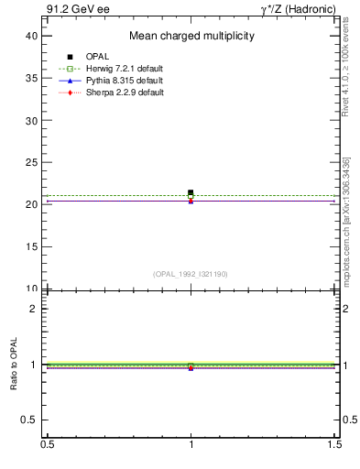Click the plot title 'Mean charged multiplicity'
point(191,36)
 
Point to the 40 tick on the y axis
point(32,36)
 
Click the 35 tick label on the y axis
point(32,78)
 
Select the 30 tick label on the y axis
point(32,120)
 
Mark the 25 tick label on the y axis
point(32,162)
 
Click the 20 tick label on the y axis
point(32,204)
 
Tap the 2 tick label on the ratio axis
point(36,309)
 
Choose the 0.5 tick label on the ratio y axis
point(29,420)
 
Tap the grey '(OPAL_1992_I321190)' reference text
point(191,274)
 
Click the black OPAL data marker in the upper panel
point(191,192)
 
